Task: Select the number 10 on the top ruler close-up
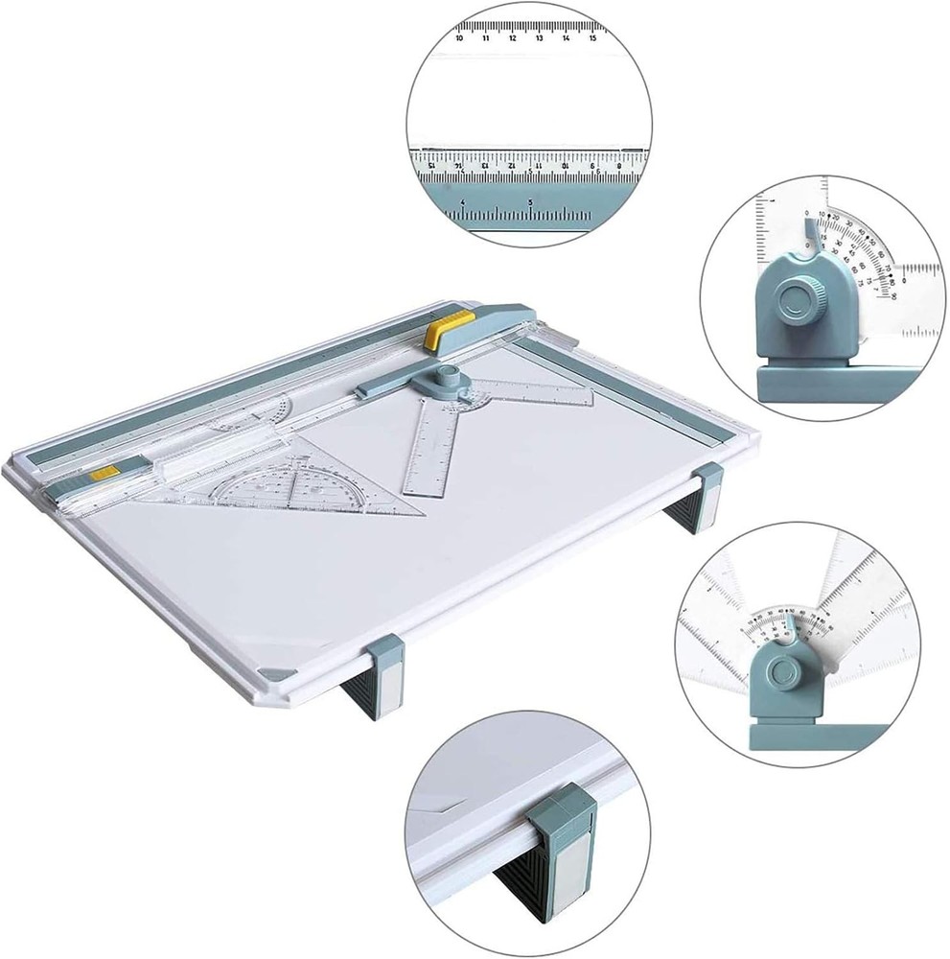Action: [x=461, y=37]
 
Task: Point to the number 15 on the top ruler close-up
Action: [x=594, y=37]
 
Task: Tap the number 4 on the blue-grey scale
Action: [x=463, y=202]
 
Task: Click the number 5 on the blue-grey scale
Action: [x=530, y=202]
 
